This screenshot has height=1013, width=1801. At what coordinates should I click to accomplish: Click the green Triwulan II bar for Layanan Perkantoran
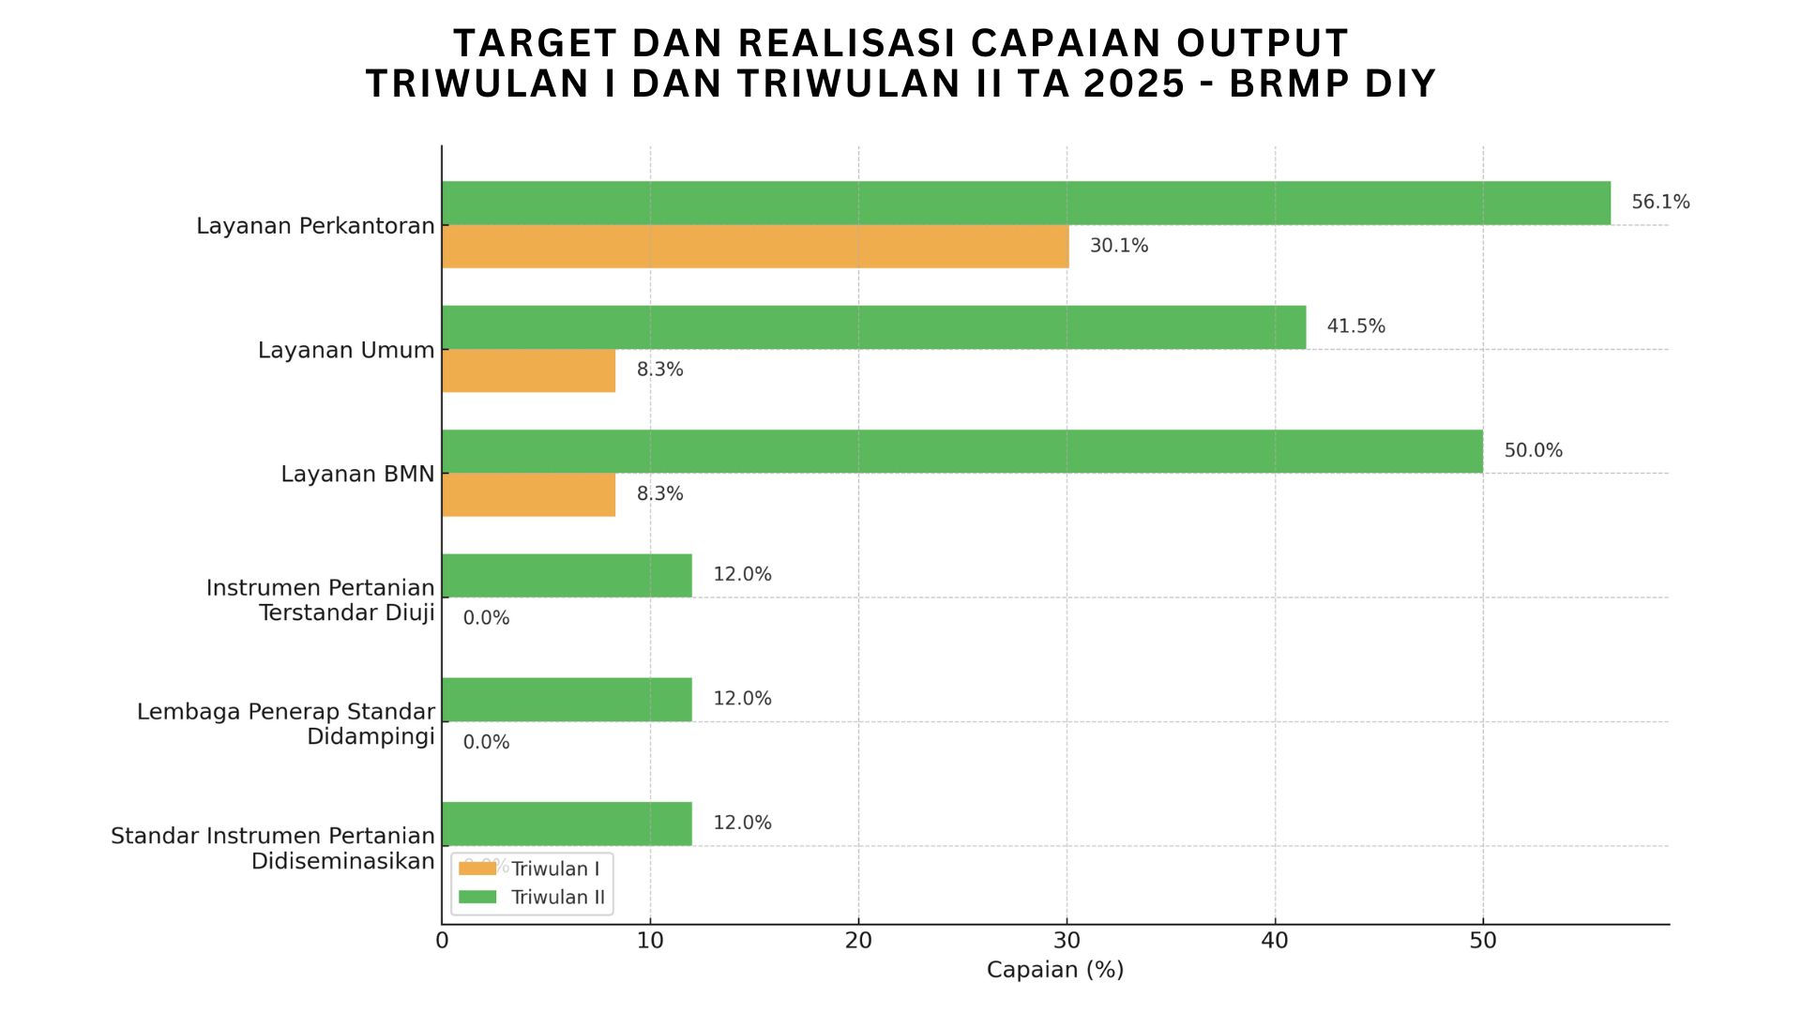tap(1026, 203)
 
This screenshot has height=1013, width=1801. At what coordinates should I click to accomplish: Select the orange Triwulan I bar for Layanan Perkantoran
tap(755, 247)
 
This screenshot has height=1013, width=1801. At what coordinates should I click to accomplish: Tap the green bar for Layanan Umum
tap(873, 327)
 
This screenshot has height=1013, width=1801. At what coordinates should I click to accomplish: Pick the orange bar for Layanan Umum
tap(528, 370)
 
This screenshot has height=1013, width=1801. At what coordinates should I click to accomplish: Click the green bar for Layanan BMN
tap(962, 451)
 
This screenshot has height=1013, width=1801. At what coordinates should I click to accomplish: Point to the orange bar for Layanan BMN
tap(528, 494)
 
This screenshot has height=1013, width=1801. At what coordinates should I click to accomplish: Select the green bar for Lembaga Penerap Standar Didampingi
tap(567, 700)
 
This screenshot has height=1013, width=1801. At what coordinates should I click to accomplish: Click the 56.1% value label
tap(1659, 203)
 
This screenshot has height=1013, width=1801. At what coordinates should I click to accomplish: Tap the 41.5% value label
tap(1355, 326)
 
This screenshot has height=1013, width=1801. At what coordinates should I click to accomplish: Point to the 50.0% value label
tap(1533, 451)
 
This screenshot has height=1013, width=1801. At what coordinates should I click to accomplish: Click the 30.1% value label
tap(1118, 246)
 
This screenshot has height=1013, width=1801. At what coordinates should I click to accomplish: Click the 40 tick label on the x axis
tap(1275, 941)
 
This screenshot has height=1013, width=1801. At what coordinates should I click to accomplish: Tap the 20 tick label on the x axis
tap(858, 941)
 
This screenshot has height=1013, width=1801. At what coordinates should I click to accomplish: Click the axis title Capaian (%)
tap(1054, 970)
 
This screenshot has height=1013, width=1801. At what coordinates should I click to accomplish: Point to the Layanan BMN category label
tap(357, 475)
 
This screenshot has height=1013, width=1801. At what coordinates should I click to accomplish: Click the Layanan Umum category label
tap(346, 351)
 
